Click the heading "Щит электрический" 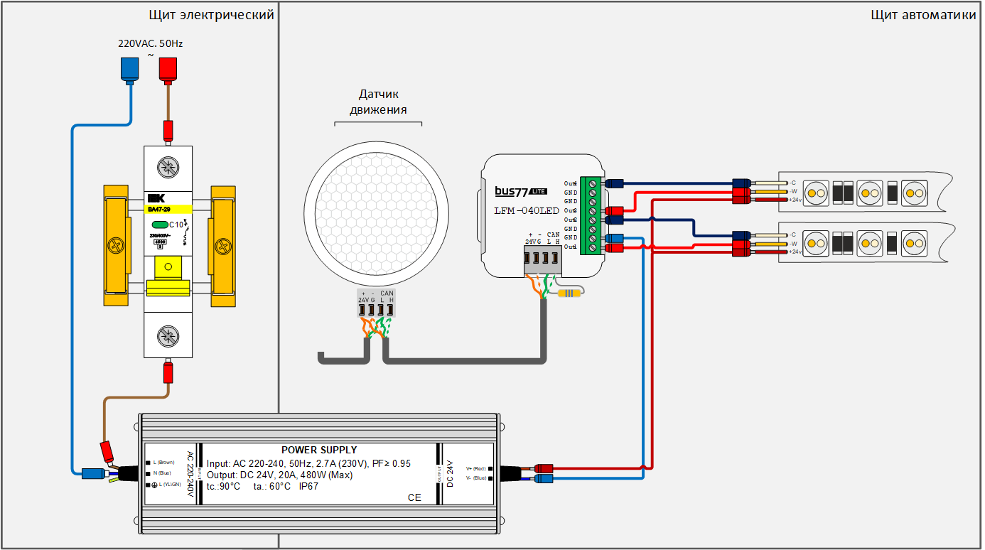[211, 15]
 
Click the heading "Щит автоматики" [923, 15]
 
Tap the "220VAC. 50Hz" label [150, 43]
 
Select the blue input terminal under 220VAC [129, 69]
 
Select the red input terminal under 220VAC [168, 69]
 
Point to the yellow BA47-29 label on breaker [168, 210]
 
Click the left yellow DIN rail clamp [115, 245]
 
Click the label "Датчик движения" [378, 102]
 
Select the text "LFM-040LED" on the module [527, 210]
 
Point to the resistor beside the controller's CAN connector [569, 293]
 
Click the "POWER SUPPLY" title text [319, 450]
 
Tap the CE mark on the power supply [414, 497]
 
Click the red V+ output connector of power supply [544, 468]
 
